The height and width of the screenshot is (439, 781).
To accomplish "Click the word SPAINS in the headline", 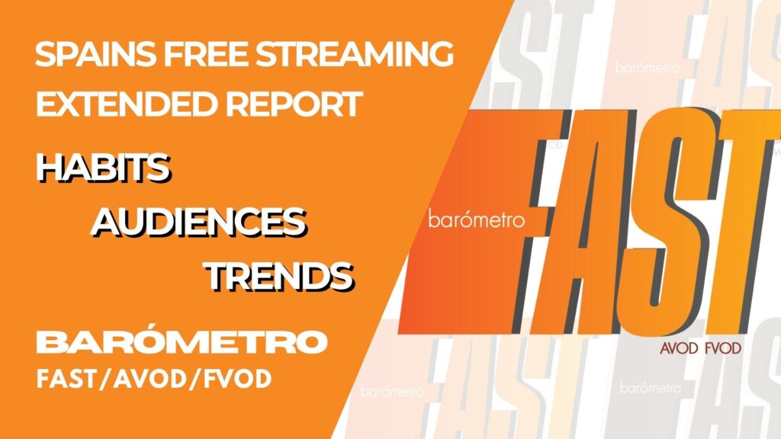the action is [x=95, y=54].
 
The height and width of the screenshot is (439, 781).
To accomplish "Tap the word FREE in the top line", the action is [x=206, y=54].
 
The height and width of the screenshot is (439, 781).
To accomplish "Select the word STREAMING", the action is [x=355, y=54].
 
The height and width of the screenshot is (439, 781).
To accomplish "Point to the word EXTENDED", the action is [x=127, y=104].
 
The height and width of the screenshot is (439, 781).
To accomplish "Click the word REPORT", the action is [x=294, y=104].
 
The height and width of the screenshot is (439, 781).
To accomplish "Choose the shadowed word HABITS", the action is [x=104, y=167].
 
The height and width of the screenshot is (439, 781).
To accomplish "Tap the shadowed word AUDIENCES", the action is [x=199, y=222].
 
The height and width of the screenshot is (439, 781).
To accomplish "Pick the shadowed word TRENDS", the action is [x=279, y=276].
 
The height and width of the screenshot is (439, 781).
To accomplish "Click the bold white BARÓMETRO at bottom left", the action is [x=182, y=341].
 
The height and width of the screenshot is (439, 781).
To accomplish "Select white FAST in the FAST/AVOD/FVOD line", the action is [x=66, y=380].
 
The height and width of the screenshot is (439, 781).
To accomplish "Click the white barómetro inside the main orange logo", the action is [x=476, y=219].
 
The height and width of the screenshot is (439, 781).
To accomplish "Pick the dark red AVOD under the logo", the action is [x=679, y=348].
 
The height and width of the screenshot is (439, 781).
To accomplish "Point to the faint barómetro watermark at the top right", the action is [x=647, y=67].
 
